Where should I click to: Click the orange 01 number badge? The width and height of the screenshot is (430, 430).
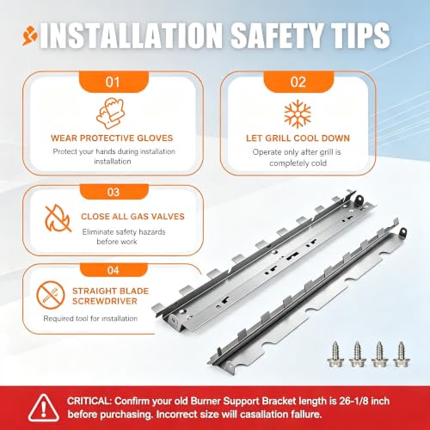(114, 82)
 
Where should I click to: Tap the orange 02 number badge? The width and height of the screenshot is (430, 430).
(298, 82)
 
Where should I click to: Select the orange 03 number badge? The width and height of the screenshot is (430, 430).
(114, 192)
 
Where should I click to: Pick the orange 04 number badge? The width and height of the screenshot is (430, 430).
(114, 270)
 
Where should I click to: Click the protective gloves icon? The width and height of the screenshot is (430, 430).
(110, 114)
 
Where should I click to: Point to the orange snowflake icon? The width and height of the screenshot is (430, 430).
(298, 114)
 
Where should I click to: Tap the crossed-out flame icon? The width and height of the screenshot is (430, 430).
(58, 218)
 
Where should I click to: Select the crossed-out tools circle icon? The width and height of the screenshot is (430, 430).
(51, 295)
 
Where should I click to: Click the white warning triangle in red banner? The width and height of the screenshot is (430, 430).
(44, 408)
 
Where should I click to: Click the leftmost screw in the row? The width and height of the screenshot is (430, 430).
(335, 354)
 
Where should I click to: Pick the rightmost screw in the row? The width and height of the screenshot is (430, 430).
(401, 354)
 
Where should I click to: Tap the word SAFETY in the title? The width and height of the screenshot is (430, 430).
(276, 35)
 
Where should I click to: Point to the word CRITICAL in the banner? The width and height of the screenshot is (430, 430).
(89, 401)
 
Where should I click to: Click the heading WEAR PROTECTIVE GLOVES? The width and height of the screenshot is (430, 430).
(112, 138)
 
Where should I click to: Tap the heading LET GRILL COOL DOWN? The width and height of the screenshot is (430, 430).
(298, 138)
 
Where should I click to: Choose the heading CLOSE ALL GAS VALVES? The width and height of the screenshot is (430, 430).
(132, 216)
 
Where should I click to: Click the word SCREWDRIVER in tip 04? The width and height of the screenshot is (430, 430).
(105, 301)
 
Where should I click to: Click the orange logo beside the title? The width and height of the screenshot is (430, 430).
(30, 36)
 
